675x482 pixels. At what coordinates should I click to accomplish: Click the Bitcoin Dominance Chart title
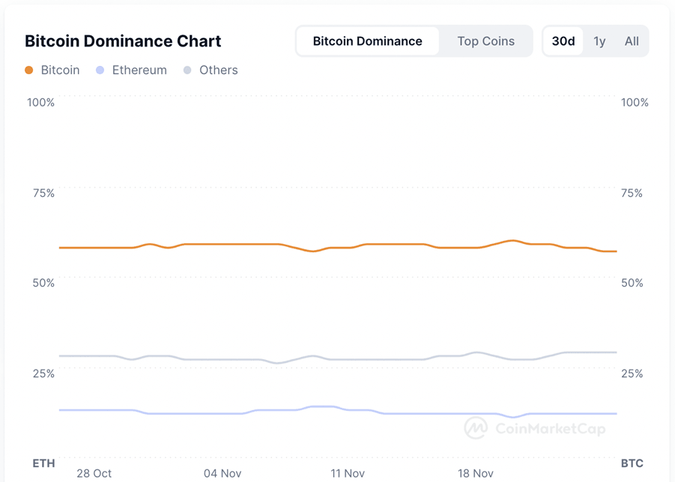[x=123, y=41]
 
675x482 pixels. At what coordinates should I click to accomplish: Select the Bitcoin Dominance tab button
[x=367, y=41]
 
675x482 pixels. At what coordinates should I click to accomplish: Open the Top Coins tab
[x=485, y=41]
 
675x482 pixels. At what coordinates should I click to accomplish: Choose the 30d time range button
[x=563, y=41]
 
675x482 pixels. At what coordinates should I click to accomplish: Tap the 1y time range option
[x=599, y=41]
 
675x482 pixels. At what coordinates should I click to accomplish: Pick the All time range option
[x=632, y=41]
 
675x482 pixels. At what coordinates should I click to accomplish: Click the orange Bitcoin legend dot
[x=29, y=70]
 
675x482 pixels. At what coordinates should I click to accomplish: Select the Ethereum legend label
[x=139, y=70]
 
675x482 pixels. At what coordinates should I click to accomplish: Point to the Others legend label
[x=218, y=70]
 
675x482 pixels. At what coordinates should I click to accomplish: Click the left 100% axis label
[x=41, y=103]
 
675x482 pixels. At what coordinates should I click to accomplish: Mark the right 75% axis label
[x=632, y=193]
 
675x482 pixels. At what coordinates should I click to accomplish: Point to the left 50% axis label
[x=43, y=283]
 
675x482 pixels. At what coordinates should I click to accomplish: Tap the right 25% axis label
[x=632, y=373]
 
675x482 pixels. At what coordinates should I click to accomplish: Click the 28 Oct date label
[x=94, y=473]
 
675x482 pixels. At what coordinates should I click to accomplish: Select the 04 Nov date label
[x=223, y=473]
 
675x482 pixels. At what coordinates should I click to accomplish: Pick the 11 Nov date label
[x=348, y=473]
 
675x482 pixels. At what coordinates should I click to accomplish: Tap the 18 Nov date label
[x=476, y=473]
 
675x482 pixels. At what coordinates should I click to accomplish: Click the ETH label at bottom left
[x=43, y=463]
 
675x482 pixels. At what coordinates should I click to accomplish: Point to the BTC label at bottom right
[x=632, y=463]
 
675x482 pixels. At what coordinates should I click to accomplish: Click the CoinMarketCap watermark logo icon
[x=476, y=428]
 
